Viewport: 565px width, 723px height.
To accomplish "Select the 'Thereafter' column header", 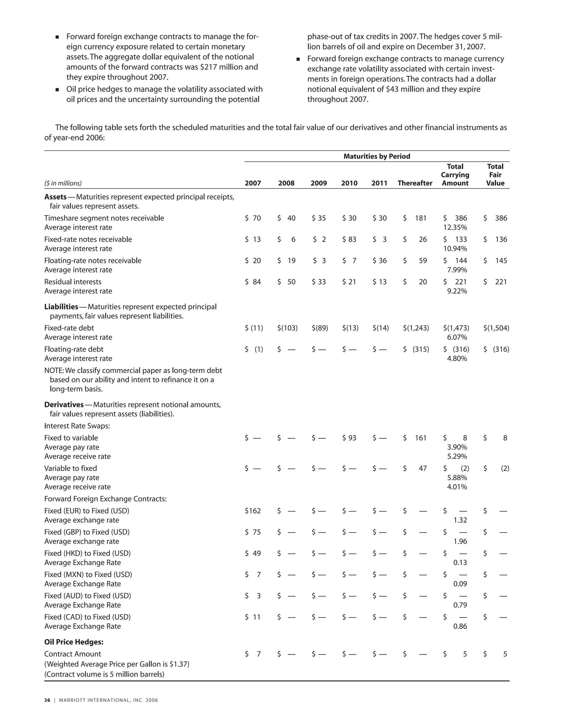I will pos(415,183).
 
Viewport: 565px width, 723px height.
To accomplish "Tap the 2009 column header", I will pos(318,183).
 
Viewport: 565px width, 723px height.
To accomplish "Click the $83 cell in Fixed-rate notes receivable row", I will pos(349,239).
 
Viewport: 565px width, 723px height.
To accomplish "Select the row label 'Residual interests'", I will pos(73,282).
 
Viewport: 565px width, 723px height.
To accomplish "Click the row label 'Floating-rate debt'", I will pos(74,349).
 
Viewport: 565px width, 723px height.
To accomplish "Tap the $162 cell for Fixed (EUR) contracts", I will pos(253,511).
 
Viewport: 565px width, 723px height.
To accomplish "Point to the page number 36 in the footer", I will pos(47,700).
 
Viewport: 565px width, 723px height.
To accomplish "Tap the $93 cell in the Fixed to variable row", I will pos(349,438).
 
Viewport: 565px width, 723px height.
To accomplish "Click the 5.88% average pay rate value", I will pos(457,478).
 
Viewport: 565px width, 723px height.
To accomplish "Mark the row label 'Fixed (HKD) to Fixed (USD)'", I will pos(87,553).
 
